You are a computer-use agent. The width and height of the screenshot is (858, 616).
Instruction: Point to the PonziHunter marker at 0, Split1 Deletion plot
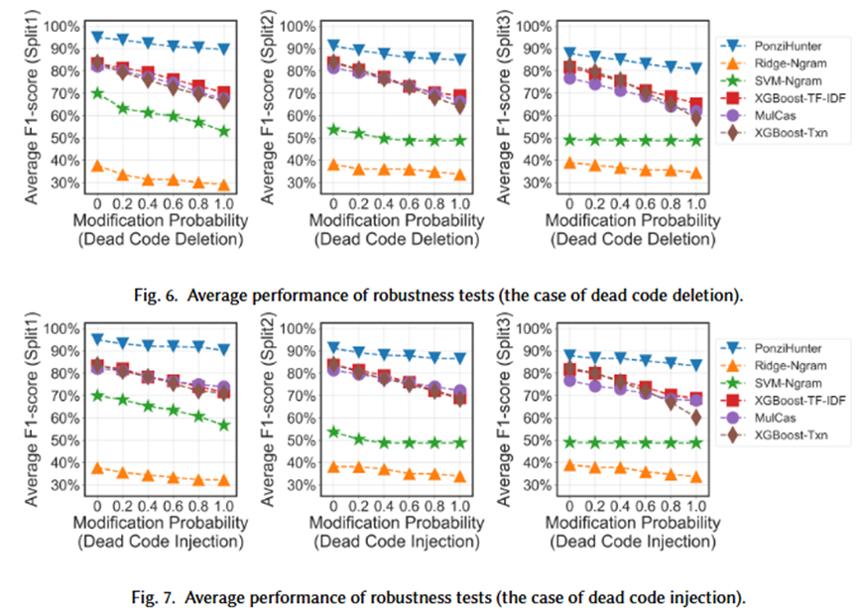[97, 37]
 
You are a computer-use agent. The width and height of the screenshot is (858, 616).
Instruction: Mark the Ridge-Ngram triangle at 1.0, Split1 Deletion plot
[223, 185]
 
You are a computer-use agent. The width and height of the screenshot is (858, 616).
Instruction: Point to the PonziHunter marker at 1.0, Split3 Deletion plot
[695, 69]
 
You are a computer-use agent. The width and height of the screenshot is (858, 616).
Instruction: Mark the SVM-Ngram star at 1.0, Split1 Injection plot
[223, 426]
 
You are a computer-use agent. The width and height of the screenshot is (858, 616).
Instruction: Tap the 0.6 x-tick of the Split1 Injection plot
[174, 504]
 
